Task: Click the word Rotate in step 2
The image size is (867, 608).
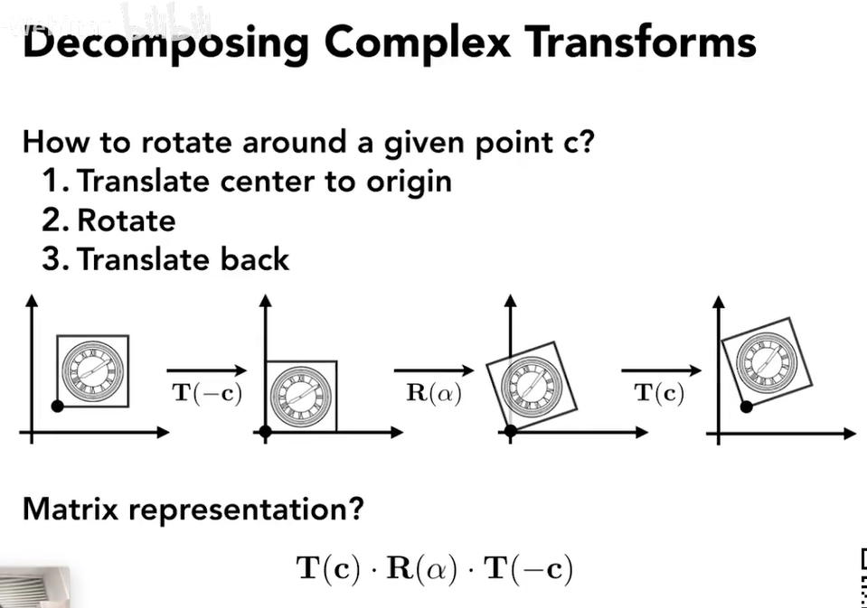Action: (x=127, y=220)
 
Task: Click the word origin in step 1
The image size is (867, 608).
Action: (x=408, y=182)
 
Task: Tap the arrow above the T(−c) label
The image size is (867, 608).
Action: (x=206, y=369)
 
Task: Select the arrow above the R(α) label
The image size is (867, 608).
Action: (x=434, y=369)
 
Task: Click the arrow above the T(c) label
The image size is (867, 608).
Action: (x=661, y=369)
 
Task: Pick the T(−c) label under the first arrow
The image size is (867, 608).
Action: (x=207, y=394)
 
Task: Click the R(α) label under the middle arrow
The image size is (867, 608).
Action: (x=434, y=394)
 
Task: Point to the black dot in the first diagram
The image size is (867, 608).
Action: (x=57, y=407)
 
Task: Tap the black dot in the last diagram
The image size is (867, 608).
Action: (x=746, y=407)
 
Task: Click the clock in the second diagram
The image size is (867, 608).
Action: (x=300, y=396)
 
